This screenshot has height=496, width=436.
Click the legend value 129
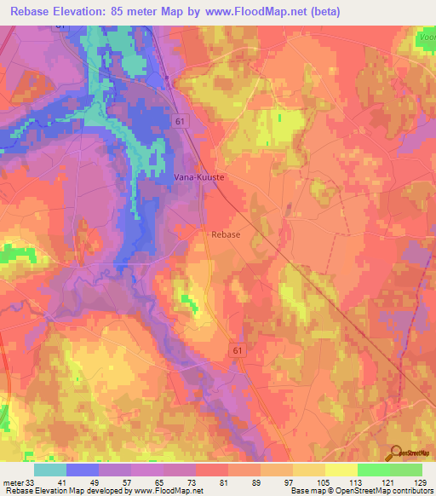418,482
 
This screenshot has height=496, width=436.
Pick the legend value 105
322,482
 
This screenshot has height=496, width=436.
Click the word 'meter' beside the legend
11,482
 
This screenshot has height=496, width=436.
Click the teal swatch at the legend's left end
49,470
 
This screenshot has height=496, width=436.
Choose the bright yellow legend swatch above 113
341,470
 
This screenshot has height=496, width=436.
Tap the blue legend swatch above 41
82,470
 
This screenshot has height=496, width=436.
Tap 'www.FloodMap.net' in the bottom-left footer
167,491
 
